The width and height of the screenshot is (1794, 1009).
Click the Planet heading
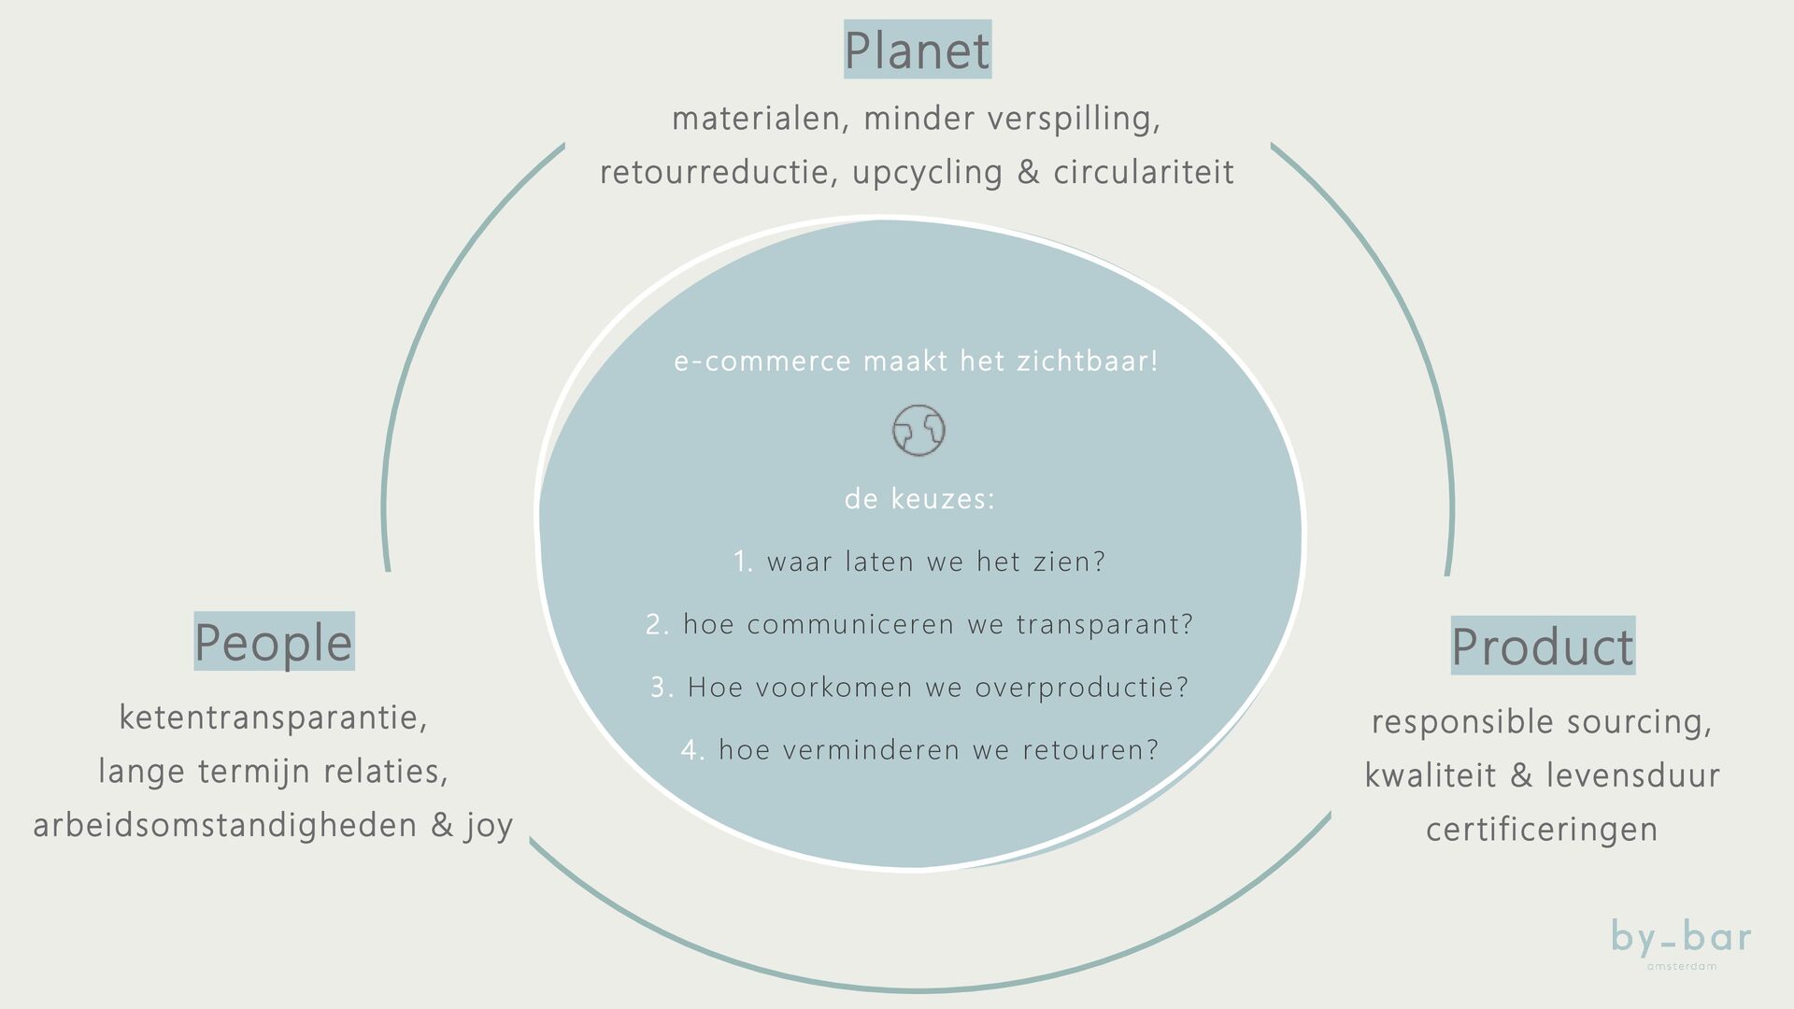pos(917,50)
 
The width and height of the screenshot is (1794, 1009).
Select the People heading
pos(274,642)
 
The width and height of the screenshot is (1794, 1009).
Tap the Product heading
pos(1543,647)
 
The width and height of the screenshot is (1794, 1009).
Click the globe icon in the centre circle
pos(918,431)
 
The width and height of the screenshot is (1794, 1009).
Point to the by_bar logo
pos(1681,940)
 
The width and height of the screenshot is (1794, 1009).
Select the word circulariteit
pos(1144,172)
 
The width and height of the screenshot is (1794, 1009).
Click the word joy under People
pos(489,825)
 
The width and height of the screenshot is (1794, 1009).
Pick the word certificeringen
pos(1542,829)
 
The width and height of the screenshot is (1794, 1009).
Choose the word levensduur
pos(1632,775)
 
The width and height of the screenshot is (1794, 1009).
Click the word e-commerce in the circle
pos(762,362)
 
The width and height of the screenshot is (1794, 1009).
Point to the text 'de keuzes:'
pos(919,499)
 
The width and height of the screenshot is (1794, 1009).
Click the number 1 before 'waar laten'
pos(742,561)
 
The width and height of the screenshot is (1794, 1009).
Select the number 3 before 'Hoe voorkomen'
pos(661,688)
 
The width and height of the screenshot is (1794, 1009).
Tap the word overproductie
pos(1081,688)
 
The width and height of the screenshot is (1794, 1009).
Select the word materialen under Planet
pos(759,119)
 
